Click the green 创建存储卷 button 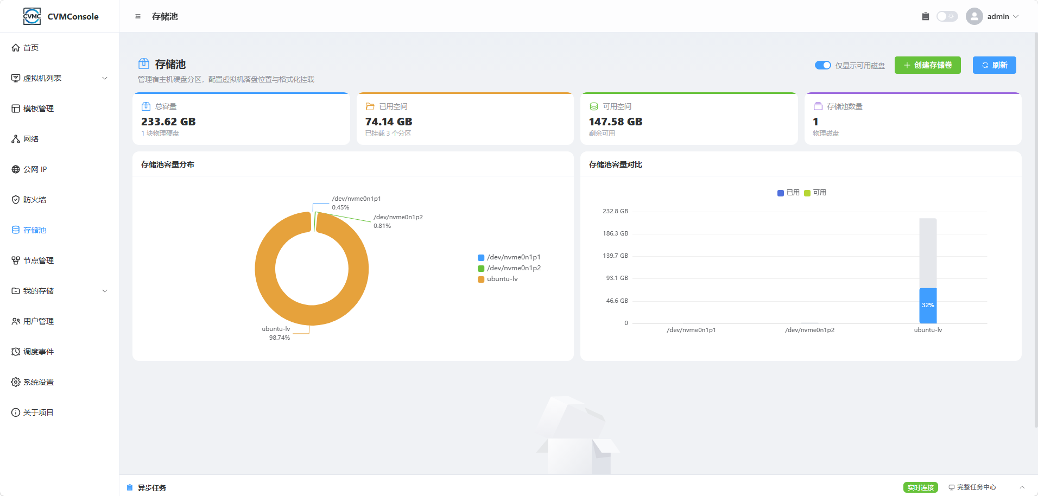point(927,65)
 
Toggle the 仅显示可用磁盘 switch point(822,65)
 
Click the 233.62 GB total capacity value point(168,122)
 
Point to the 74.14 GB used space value point(389,122)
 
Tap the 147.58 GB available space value point(616,122)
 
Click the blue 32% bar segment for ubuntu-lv point(928,306)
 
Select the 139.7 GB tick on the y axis point(615,256)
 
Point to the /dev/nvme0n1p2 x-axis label point(809,330)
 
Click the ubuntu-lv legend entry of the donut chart point(498,279)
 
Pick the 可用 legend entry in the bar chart point(815,193)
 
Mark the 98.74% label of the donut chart point(280,338)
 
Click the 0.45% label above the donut point(340,207)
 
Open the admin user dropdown point(992,16)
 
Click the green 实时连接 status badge point(921,487)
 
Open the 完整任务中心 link point(972,487)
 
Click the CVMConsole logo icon point(32,16)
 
